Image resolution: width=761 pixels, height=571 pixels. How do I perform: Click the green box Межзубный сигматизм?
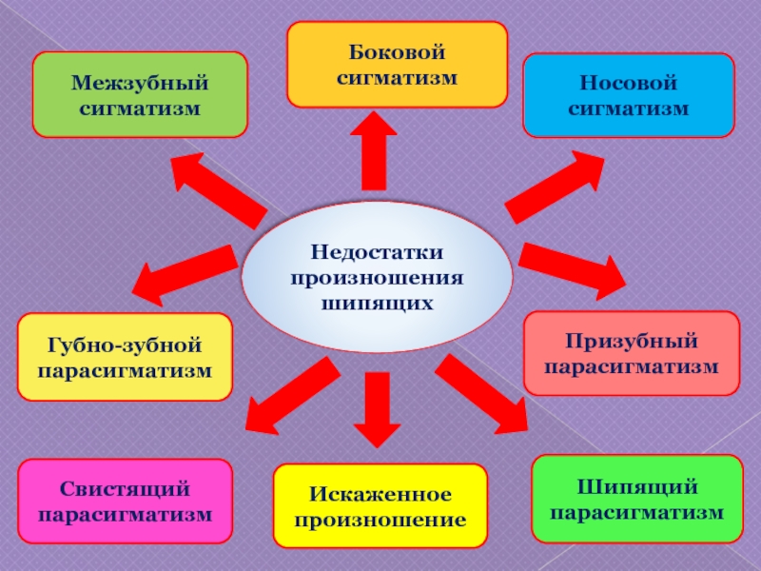140,94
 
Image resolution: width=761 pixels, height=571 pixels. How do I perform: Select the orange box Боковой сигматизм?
397,64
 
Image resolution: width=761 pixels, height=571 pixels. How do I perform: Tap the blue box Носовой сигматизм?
628,95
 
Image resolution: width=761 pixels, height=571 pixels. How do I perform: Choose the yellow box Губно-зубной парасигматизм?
125,356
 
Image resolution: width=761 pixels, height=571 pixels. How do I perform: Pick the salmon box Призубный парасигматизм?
632,353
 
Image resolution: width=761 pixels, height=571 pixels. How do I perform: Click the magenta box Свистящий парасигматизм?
125,502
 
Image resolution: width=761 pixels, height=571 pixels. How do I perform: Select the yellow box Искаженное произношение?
380,506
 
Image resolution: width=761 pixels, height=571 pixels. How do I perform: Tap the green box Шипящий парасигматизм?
636,500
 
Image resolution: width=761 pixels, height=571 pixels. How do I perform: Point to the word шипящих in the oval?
378,304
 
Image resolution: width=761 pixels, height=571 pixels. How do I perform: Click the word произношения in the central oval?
378,278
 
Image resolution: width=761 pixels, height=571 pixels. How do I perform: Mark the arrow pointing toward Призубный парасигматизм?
572,266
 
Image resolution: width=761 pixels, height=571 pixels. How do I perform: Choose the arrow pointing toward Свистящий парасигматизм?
289,396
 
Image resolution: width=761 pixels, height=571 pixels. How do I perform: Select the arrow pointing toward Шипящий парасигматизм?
482,393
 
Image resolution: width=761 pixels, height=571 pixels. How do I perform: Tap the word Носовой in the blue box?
628,83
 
